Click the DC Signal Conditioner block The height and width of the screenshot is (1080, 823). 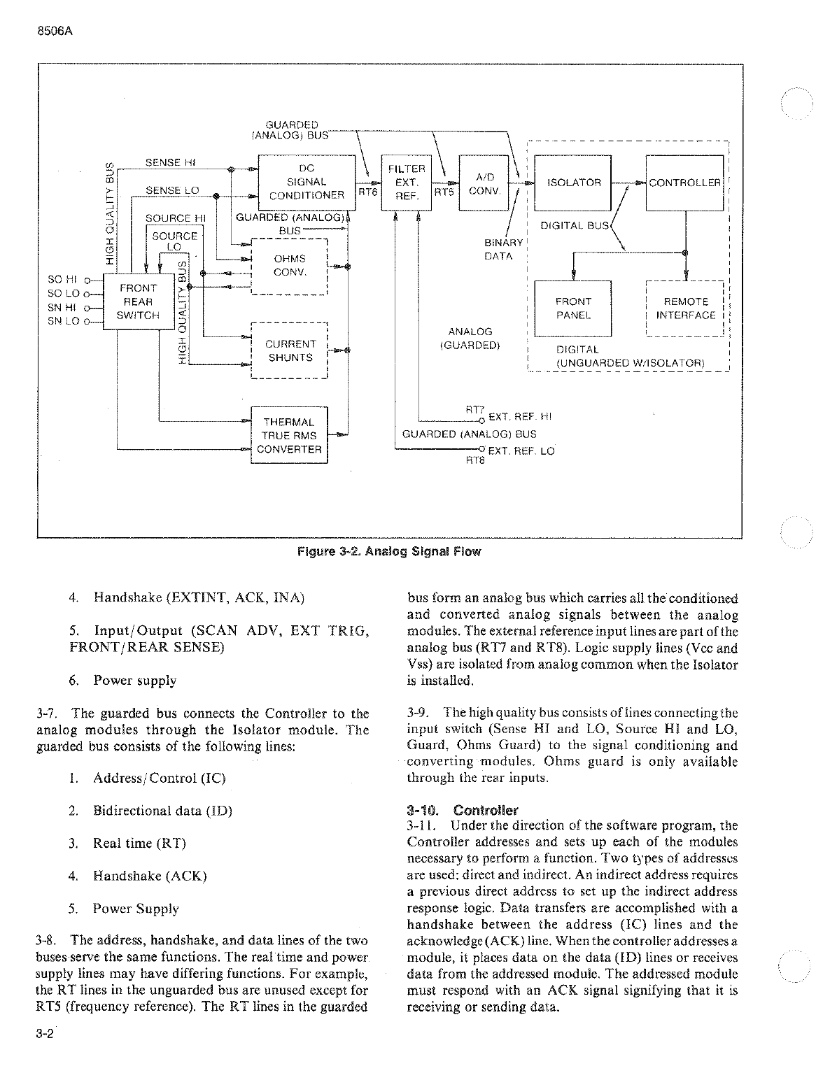click(x=307, y=182)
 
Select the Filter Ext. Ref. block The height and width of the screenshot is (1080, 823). click(x=406, y=182)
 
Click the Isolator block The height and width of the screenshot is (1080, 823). click(x=573, y=183)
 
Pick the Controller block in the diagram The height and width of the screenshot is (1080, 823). click(x=684, y=183)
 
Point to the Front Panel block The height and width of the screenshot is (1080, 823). click(x=573, y=308)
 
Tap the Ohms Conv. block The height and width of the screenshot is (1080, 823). click(x=289, y=266)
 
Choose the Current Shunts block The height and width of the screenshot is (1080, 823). click(x=289, y=350)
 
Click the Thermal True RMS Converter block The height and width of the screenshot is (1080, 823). click(x=289, y=435)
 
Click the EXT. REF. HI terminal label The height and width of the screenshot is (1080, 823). click(x=520, y=417)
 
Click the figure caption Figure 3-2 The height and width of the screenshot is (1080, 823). click(x=389, y=551)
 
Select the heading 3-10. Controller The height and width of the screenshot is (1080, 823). click(x=462, y=811)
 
